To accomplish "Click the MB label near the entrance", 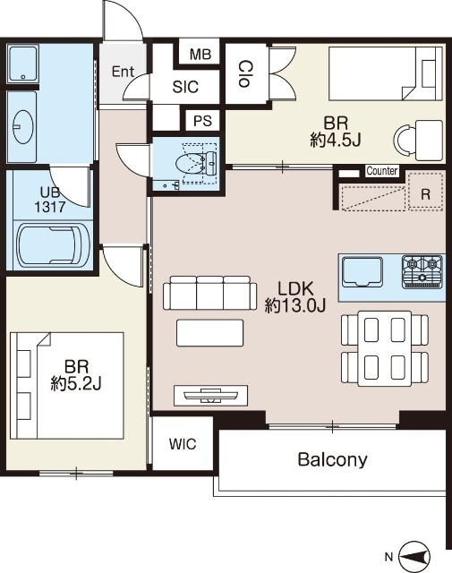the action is [200, 55].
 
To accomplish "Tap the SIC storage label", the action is [185, 87].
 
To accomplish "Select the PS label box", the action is [202, 121].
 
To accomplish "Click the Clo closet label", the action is [245, 74].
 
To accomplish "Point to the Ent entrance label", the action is [123, 72].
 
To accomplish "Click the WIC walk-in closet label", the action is [183, 444].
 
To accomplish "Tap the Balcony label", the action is [333, 459].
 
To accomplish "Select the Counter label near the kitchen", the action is [382, 171].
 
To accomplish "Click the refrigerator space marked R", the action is [426, 192].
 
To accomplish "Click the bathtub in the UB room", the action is [54, 244].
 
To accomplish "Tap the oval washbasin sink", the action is [23, 126].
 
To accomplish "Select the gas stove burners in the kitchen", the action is [422, 272].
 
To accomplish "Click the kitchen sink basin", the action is [362, 271].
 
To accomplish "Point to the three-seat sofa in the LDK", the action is [209, 293].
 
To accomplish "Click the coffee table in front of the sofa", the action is [209, 333].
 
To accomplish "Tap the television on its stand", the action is [211, 396].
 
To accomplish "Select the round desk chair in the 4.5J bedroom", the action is [404, 140].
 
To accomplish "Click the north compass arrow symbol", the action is [414, 557].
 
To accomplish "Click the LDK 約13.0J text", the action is [295, 297].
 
